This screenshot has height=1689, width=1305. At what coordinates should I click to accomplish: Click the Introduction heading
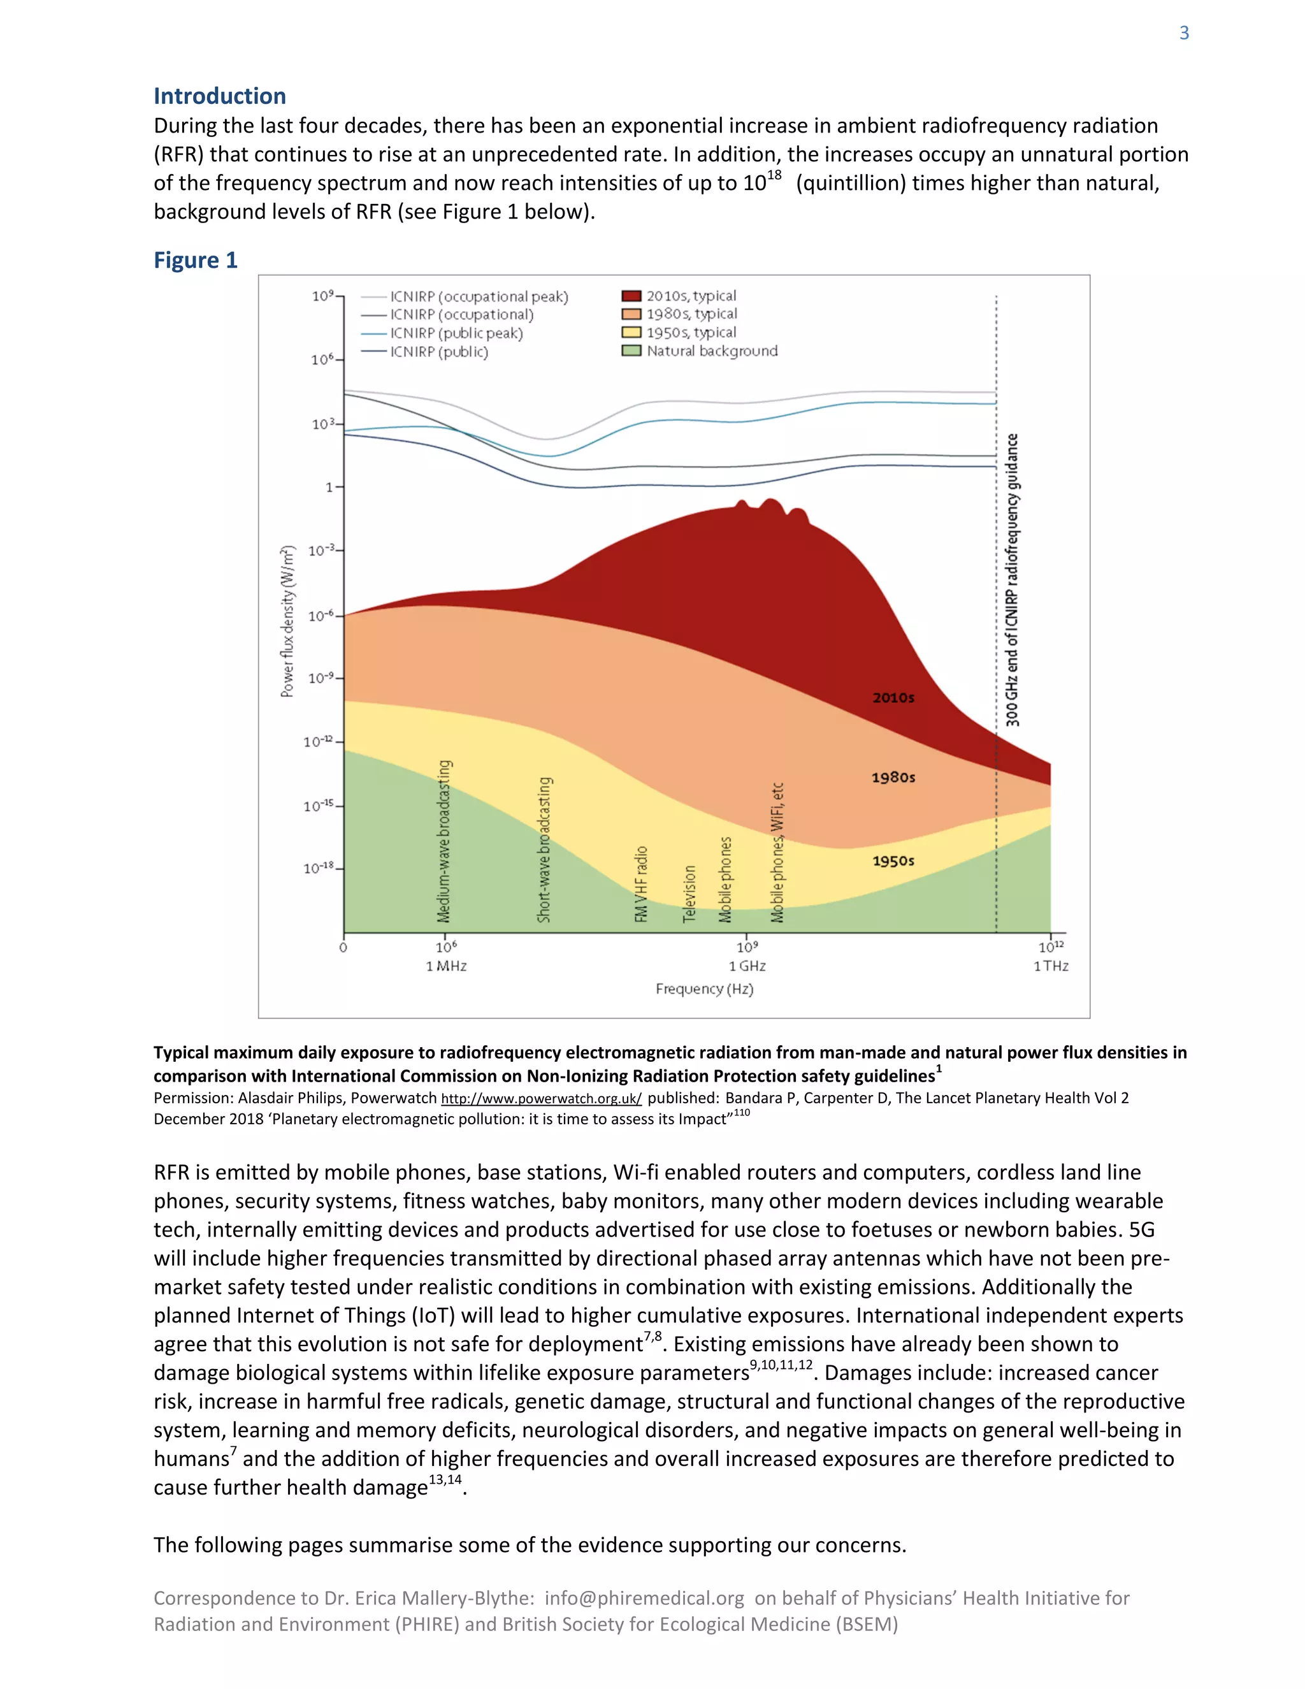click(x=220, y=96)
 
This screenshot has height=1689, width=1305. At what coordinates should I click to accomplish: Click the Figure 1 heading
click(x=195, y=260)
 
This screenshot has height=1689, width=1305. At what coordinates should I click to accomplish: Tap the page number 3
click(x=1184, y=33)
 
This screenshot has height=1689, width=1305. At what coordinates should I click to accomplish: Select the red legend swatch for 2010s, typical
click(x=631, y=296)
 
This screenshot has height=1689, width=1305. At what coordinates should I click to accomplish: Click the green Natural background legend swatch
click(x=631, y=351)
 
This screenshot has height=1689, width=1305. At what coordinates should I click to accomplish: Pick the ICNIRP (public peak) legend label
click(x=456, y=333)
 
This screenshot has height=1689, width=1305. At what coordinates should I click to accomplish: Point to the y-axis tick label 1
click(x=329, y=487)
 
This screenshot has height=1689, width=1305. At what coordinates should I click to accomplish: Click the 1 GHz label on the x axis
click(x=747, y=966)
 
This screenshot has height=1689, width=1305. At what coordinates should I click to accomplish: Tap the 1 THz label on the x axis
click(x=1051, y=966)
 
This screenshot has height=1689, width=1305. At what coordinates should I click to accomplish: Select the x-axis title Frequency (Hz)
click(x=704, y=989)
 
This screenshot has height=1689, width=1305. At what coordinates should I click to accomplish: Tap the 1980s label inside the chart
click(x=893, y=777)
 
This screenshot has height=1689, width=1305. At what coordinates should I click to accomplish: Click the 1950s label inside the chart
click(x=893, y=860)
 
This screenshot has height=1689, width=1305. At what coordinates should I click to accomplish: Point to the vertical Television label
click(x=689, y=893)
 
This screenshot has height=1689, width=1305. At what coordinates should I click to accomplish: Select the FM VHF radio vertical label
click(x=641, y=884)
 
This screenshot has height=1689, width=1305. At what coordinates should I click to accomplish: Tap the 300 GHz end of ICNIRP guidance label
click(x=1012, y=580)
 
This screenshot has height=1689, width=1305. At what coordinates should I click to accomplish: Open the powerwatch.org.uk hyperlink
click(x=541, y=1099)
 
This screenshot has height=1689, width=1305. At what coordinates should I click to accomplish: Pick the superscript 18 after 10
click(x=774, y=175)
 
